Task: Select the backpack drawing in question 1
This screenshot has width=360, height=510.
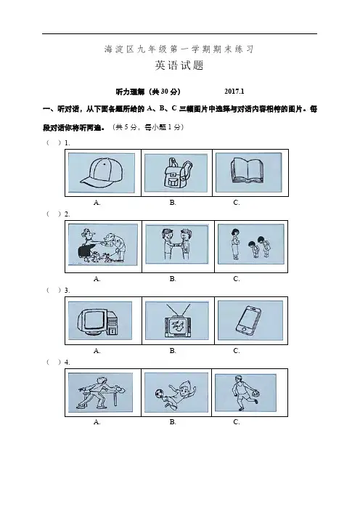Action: (x=176, y=173)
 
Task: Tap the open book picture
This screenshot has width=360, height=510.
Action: (x=247, y=170)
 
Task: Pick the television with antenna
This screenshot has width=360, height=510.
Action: (x=178, y=322)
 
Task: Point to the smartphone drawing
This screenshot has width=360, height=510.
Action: (x=248, y=320)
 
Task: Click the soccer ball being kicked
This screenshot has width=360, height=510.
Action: (x=160, y=394)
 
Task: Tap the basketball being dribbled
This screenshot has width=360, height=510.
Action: (x=255, y=394)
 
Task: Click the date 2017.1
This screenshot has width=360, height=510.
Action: (x=234, y=92)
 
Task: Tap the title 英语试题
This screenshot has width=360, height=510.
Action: (x=179, y=65)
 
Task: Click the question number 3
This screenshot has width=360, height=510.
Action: (x=67, y=291)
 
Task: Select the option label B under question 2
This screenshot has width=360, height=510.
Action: (x=173, y=279)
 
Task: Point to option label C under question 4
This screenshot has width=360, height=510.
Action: (x=237, y=422)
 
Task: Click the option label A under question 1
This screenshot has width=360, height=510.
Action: (x=97, y=202)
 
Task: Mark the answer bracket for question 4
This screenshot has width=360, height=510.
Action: (x=54, y=362)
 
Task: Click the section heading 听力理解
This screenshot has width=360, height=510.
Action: (x=130, y=92)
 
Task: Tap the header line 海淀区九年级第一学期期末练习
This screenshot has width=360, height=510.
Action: (x=179, y=49)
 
